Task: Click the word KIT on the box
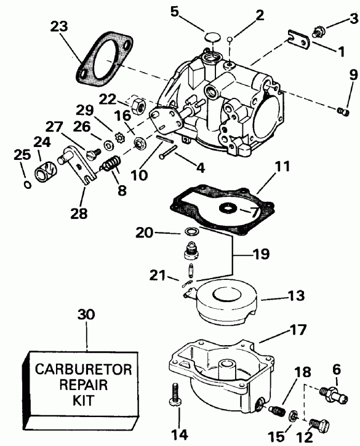point(87,406)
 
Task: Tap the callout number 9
point(337,76)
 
